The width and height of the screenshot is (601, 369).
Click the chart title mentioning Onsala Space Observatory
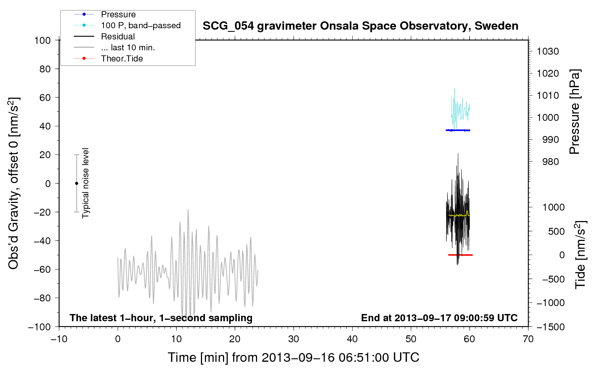pyautogui.click(x=360, y=26)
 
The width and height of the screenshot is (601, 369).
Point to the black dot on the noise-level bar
pyautogui.click(x=76, y=183)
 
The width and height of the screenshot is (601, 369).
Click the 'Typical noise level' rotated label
pyautogui.click(x=85, y=183)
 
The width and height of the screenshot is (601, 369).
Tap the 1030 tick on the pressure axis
pyautogui.click(x=548, y=51)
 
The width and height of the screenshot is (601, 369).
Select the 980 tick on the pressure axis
pyautogui.click(x=550, y=162)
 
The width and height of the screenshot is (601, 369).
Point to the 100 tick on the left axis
pyautogui.click(x=42, y=41)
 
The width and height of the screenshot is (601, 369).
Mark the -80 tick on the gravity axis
pyautogui.click(x=42, y=298)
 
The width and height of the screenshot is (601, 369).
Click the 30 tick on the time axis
pyautogui.click(x=294, y=339)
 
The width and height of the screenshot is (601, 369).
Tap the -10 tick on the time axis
pyautogui.click(x=59, y=339)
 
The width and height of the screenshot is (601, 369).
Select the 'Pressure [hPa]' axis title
pyautogui.click(x=575, y=112)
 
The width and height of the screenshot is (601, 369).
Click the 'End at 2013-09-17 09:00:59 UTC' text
pyautogui.click(x=439, y=318)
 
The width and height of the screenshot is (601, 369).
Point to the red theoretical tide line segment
pyautogui.click(x=461, y=255)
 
